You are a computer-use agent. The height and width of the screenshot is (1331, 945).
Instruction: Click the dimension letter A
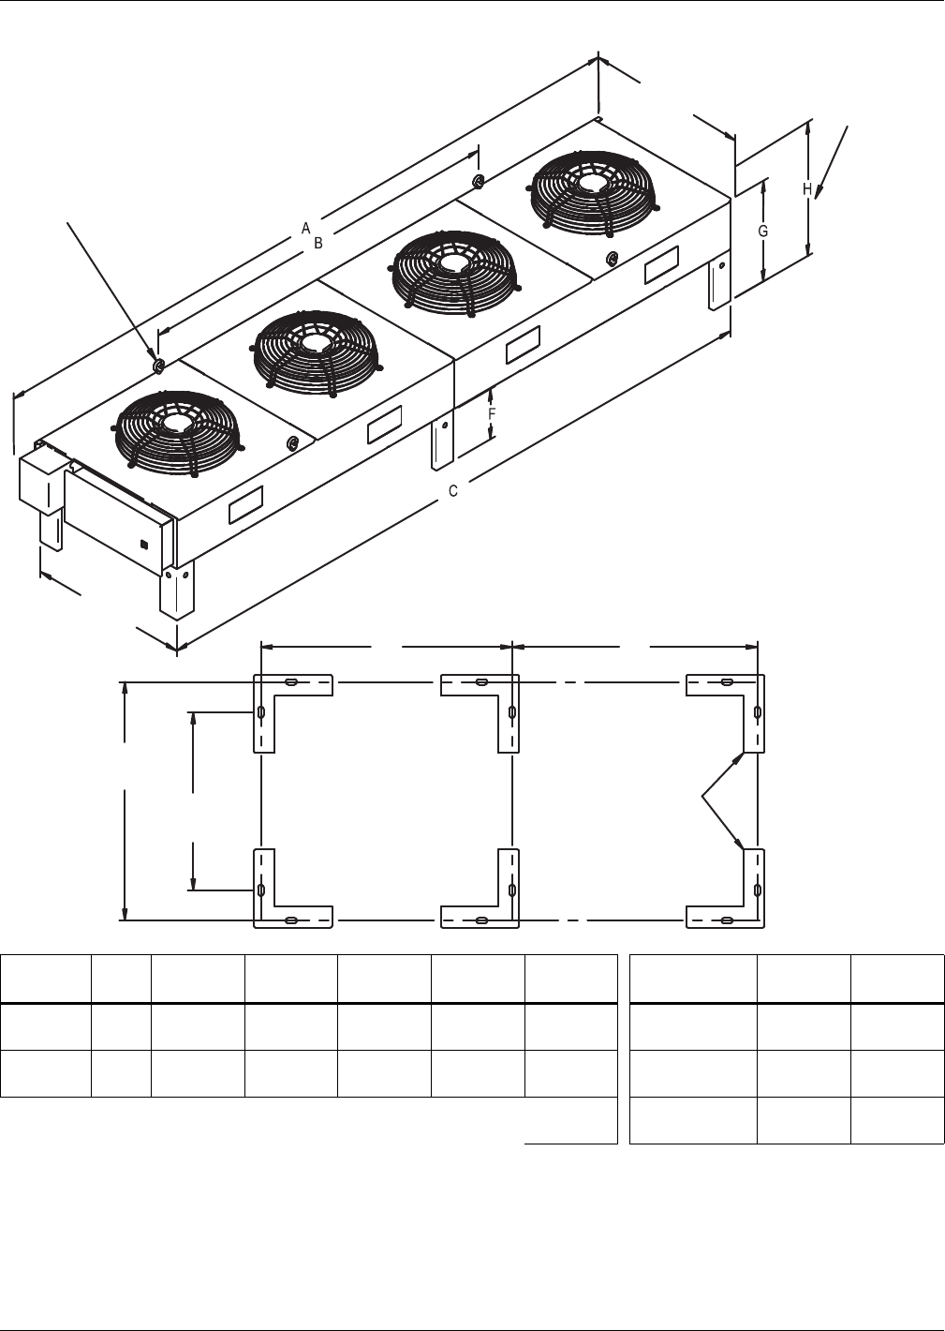(305, 228)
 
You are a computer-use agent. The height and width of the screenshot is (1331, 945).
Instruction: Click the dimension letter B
(318, 243)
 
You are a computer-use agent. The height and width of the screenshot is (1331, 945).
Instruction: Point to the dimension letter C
(452, 490)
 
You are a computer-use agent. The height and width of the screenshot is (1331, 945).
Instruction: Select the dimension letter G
(763, 231)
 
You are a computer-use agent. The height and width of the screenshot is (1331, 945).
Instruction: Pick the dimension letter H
(807, 189)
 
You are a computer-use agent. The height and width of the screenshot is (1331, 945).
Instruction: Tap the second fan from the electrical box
(314, 348)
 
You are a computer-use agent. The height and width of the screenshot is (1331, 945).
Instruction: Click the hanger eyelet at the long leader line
(158, 364)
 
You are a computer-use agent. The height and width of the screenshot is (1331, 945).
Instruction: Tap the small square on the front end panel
(142, 543)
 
